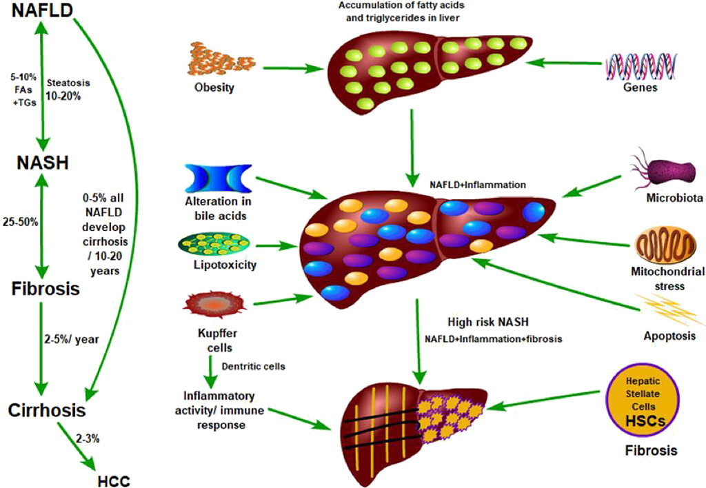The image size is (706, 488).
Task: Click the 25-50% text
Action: coord(21,222)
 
